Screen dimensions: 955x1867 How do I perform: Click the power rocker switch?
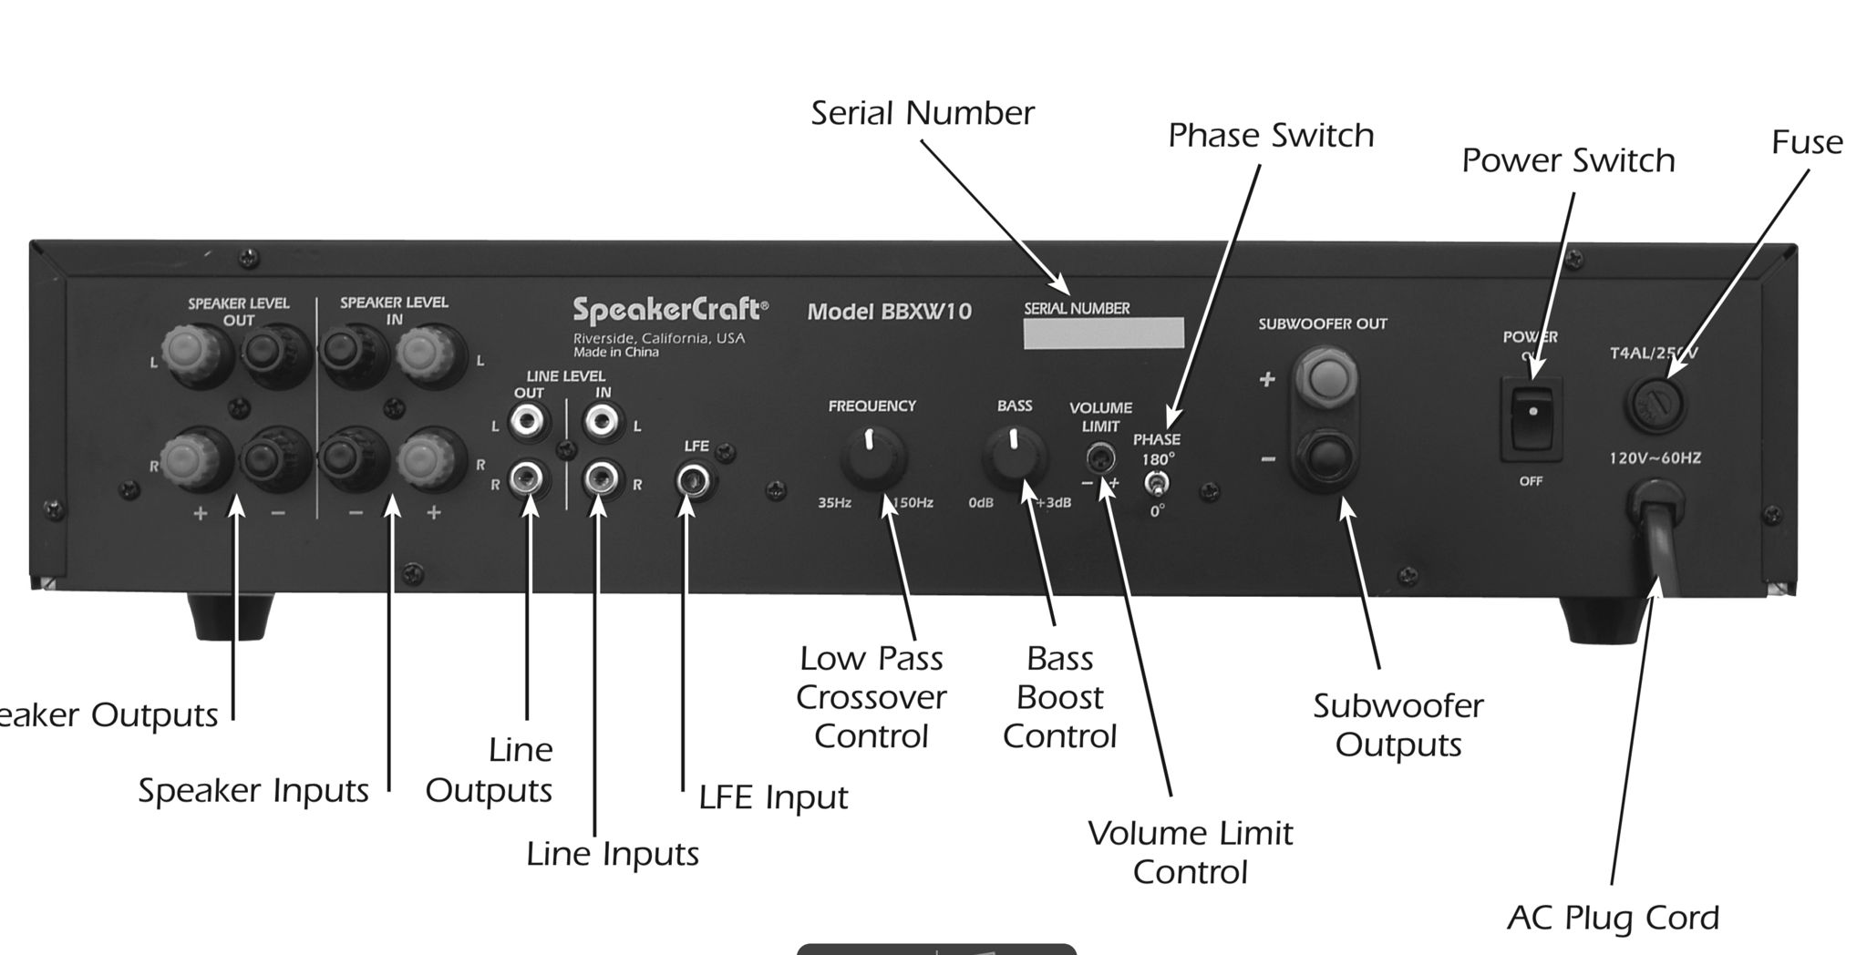click(1532, 418)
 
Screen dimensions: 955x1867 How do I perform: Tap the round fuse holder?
click(1656, 405)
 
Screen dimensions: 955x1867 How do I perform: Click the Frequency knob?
click(872, 456)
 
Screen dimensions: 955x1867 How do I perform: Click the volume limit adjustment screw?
click(1100, 457)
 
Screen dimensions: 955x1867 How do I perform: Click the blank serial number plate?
click(1103, 334)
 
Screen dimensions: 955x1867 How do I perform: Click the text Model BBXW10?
click(889, 312)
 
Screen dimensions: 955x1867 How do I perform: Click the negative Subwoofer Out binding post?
click(1325, 457)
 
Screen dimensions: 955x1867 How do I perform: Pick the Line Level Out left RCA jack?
click(528, 422)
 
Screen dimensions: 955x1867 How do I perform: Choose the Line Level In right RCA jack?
click(602, 478)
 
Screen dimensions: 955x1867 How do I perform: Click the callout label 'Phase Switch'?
click(1271, 136)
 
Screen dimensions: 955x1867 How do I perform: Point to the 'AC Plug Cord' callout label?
click(1613, 918)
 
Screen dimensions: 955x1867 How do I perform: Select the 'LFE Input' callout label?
click(773, 798)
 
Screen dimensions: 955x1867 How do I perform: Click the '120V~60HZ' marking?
click(1655, 458)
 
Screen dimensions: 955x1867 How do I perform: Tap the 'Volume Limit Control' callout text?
click(1190, 853)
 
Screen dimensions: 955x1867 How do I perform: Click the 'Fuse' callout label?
click(1807, 142)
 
